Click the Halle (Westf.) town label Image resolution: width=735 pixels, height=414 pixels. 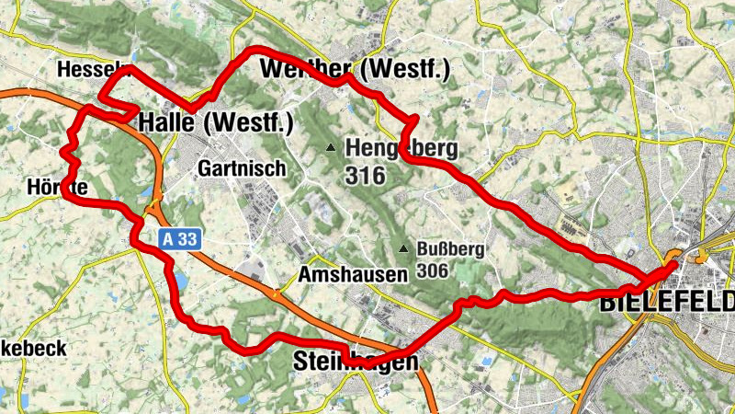[216, 122]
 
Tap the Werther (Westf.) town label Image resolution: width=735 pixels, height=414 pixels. [355, 70]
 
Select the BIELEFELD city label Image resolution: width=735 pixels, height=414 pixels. [667, 302]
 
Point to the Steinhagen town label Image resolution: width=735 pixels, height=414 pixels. [356, 362]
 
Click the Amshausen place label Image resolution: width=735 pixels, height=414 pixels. [353, 275]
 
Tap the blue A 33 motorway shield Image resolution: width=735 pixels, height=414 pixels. [178, 239]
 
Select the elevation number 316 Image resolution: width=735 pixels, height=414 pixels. [367, 176]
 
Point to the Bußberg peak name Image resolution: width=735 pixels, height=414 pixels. [450, 249]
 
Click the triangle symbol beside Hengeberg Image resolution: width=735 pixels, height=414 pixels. [330, 147]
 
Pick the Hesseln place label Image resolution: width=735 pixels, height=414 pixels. [90, 70]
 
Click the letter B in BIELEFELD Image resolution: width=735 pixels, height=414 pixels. [608, 302]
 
